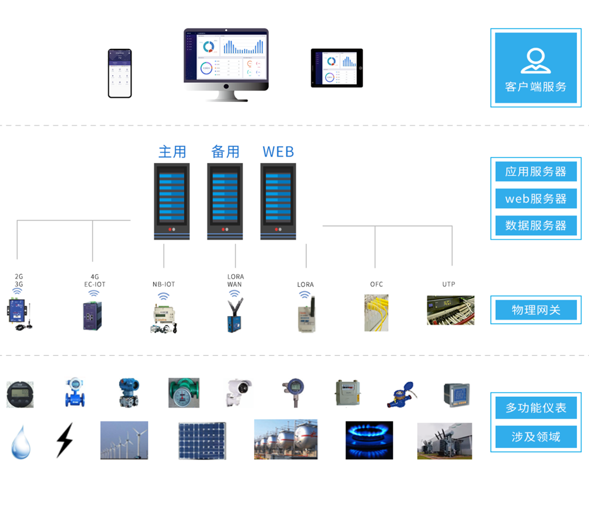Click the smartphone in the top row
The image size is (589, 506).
point(120,73)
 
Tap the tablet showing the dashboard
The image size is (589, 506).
point(337,68)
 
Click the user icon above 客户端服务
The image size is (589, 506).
point(536,60)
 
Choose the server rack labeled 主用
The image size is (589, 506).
point(172,201)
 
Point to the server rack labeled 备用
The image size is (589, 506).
point(225,201)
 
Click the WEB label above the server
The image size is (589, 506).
point(278,152)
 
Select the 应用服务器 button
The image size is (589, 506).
point(536,171)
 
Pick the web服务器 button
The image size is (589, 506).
point(536,198)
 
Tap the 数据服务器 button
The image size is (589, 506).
point(536,225)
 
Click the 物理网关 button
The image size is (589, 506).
point(536,310)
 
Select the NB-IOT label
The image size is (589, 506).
point(164,284)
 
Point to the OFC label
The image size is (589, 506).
point(376,284)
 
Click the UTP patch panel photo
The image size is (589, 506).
point(451,310)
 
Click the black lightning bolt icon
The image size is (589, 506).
point(64,440)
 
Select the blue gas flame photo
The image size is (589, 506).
point(369,440)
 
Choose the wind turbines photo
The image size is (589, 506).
point(124,440)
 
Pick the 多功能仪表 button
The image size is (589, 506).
point(536,408)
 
